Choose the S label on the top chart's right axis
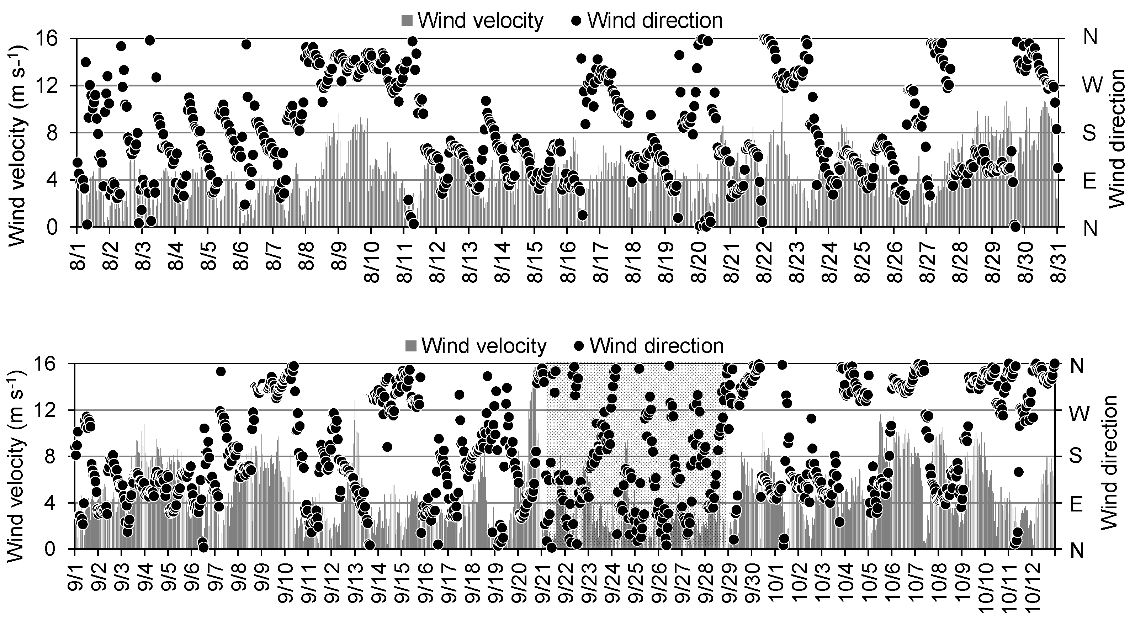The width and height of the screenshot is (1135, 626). (x=1090, y=133)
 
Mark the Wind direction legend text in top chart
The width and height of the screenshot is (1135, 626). (x=655, y=21)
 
